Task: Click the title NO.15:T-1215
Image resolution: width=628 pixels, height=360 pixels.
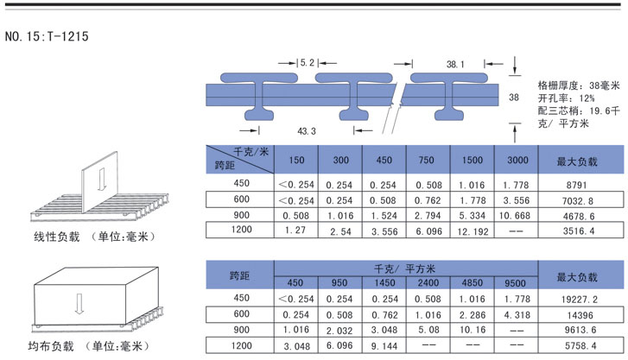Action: [47, 36]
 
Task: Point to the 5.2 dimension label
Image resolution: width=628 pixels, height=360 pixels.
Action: [308, 63]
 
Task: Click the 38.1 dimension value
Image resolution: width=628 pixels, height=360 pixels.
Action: [455, 64]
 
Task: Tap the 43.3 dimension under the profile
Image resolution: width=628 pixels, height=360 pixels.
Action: [307, 131]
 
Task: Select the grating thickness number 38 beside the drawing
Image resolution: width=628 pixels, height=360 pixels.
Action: [514, 98]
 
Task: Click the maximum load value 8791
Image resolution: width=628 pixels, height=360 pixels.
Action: [577, 185]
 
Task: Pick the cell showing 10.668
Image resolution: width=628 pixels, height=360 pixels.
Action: [515, 216]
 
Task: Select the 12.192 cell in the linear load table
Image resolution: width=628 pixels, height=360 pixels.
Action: [473, 231]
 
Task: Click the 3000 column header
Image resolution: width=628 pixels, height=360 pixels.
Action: [517, 161]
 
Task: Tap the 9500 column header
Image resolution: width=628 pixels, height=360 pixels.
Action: [515, 283]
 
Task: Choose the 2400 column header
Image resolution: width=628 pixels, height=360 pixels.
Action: [428, 282]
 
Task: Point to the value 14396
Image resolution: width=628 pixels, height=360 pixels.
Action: [580, 316]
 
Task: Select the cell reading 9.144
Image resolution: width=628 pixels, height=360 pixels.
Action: [384, 345]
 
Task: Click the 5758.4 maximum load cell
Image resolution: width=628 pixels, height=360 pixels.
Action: [580, 345]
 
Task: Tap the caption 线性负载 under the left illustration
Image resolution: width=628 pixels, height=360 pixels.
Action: [57, 237]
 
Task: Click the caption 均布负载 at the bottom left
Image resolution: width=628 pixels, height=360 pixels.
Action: [51, 345]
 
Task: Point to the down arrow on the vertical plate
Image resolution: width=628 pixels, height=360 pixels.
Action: [101, 178]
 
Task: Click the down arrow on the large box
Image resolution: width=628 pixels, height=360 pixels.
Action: [79, 304]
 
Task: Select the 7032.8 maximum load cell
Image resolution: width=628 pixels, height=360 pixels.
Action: [578, 200]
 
